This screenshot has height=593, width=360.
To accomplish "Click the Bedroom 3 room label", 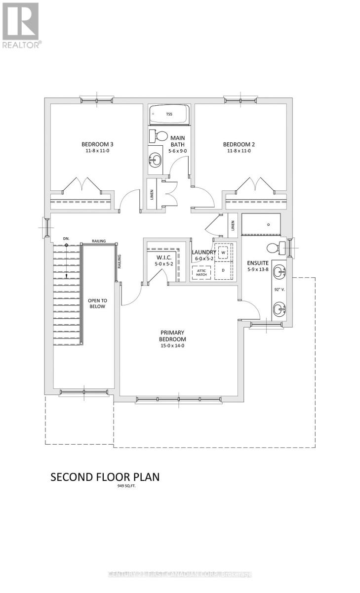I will coord(97,144).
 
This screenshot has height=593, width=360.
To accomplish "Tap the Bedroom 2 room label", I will coord(239,144).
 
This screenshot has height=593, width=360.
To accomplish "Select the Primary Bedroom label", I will coord(172,336).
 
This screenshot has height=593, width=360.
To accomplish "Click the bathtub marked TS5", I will coord(169,115).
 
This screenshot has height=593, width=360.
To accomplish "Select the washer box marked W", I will coord(223,253).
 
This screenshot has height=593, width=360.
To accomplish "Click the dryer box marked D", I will coord(223,270).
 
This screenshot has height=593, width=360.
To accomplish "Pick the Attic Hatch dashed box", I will coord(201,272).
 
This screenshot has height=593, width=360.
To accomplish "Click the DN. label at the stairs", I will coord(66,239).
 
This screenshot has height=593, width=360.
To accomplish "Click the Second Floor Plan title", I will coord(105,477).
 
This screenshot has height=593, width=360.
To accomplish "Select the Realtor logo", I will coord(21,25).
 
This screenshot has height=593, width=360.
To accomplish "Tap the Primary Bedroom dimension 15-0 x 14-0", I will coord(172,346).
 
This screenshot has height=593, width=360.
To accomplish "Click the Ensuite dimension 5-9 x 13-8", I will coord(258,270).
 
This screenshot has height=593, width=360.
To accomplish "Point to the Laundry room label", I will coord(203,252).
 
